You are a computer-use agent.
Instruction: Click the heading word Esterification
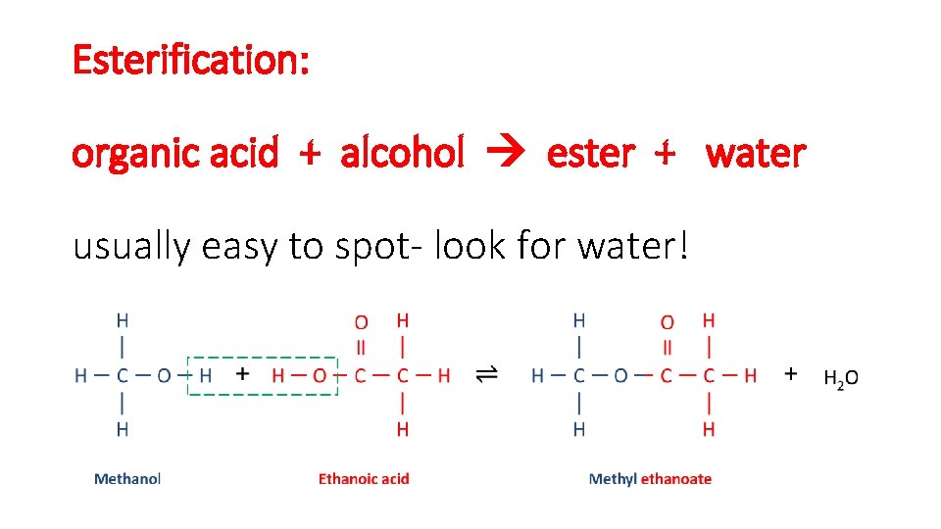point(190,61)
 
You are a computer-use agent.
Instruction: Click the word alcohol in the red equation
point(402,153)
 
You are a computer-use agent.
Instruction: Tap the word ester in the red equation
point(590,153)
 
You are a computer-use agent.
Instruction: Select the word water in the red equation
point(755,153)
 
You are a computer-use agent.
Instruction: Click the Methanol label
point(126,479)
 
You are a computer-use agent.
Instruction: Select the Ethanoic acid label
point(364,479)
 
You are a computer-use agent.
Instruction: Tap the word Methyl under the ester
point(613,479)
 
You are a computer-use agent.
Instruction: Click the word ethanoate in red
point(676,479)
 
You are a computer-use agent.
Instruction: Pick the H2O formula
point(841,378)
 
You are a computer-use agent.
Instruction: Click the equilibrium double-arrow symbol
point(486,375)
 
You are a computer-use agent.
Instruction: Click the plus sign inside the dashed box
point(243,373)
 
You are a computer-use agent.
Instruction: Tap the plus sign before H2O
point(791,373)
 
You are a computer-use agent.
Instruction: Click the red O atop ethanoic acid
point(361,322)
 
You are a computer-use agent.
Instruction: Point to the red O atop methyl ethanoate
point(668,322)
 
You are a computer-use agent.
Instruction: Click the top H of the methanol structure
point(122,319)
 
